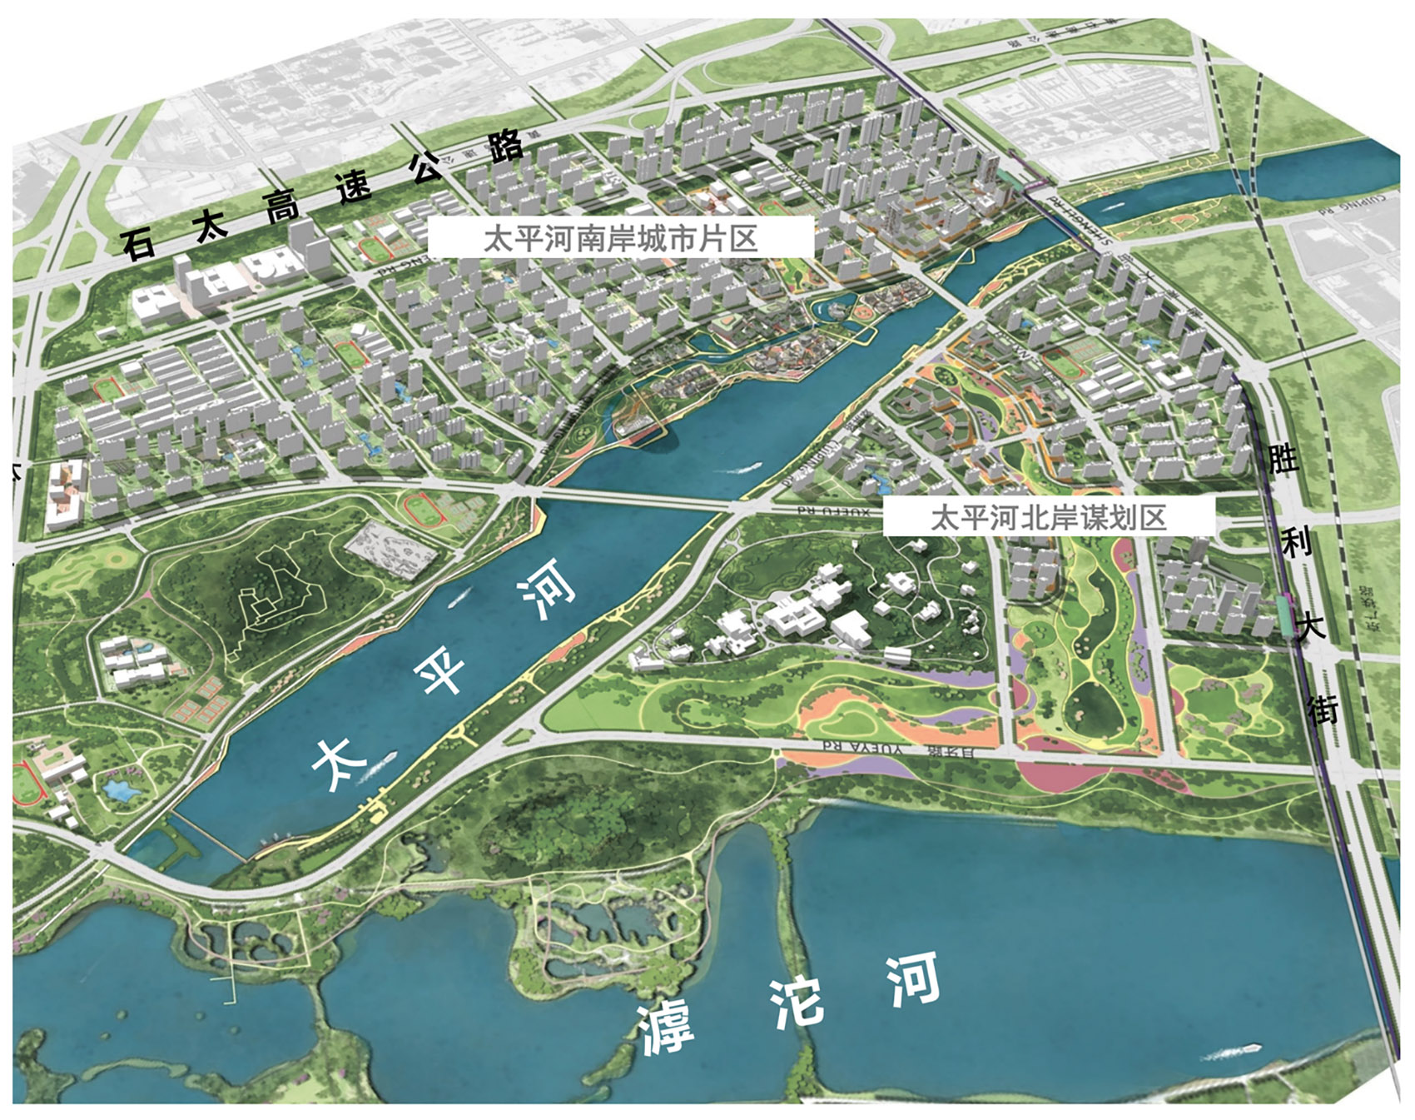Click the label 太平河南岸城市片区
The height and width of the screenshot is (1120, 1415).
(x=620, y=238)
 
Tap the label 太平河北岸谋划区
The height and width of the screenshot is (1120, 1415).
(x=1048, y=518)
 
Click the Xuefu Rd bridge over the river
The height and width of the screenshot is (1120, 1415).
(x=633, y=499)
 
